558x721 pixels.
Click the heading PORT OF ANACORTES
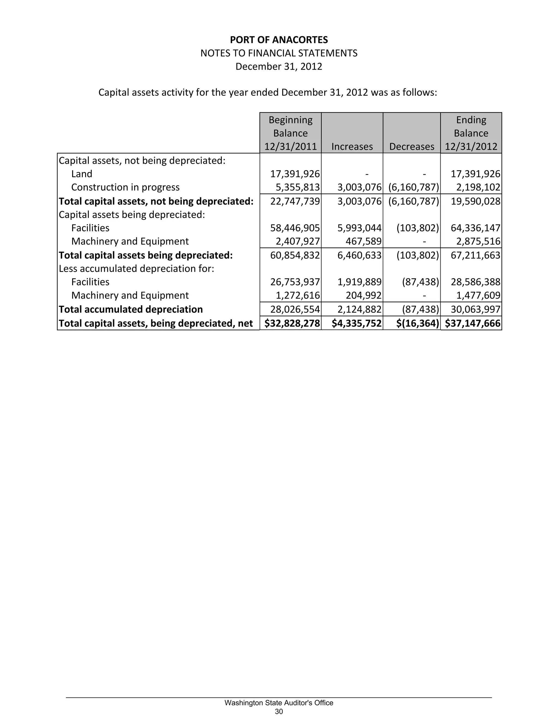pyautogui.click(x=279, y=40)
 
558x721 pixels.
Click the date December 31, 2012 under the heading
pyautogui.click(x=279, y=66)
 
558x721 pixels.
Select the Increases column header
pyautogui.click(x=352, y=147)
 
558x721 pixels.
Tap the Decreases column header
pyautogui.click(x=412, y=147)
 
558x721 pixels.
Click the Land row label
pyautogui.click(x=82, y=174)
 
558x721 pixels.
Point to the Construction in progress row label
pyautogui.click(x=125, y=187)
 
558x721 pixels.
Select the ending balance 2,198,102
pyautogui.click(x=478, y=187)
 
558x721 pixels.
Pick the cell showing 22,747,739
pyautogui.click(x=295, y=201)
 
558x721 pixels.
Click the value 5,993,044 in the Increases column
pyautogui.click(x=359, y=228)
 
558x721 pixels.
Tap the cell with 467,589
pyautogui.click(x=363, y=241)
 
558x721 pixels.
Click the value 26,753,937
pyautogui.click(x=295, y=282)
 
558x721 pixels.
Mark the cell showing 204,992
pyautogui.click(x=363, y=295)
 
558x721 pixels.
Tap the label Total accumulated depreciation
pyautogui.click(x=131, y=309)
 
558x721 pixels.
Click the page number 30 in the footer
pyautogui.click(x=279, y=711)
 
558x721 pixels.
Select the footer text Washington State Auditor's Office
pyautogui.click(x=279, y=703)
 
